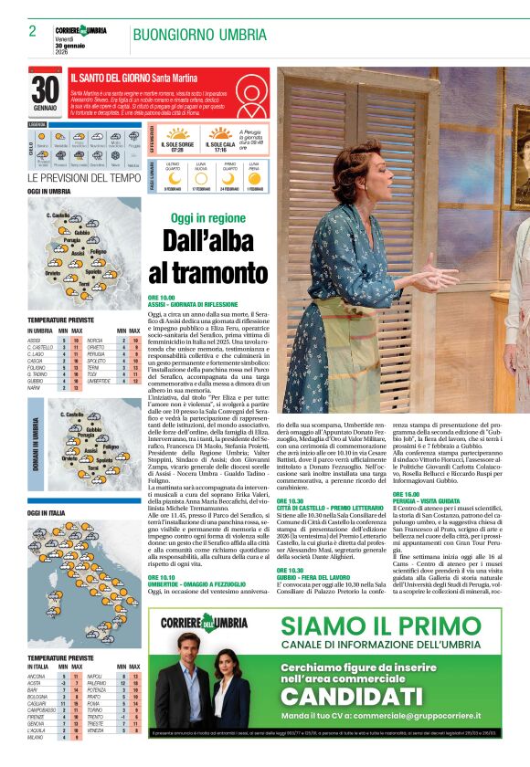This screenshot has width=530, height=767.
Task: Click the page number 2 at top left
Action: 32,31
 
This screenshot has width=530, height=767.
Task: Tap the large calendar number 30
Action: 45,90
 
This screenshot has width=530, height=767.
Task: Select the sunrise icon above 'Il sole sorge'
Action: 175,133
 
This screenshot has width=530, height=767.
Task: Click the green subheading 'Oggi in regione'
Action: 207,218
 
